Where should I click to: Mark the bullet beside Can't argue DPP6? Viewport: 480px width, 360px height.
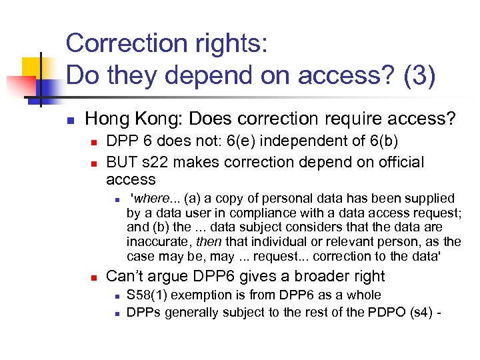pos(94,277)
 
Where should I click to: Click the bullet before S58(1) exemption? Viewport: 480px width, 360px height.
pos(115,296)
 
